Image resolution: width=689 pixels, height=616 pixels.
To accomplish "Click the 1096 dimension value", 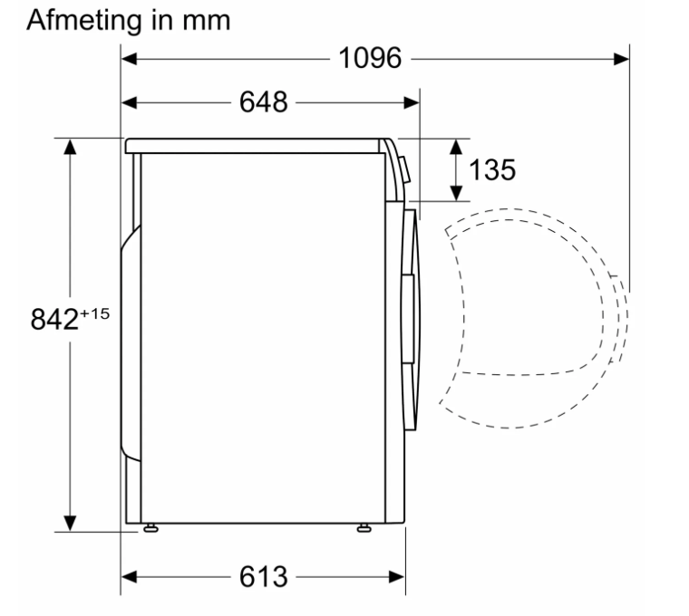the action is (370, 58).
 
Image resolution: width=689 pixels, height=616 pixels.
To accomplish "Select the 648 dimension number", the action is (263, 102).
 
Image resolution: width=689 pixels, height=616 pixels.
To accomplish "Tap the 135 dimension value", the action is (492, 170).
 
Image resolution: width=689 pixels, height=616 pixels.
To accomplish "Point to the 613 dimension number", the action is (263, 576).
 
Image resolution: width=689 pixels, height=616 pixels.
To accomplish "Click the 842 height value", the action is (54, 319).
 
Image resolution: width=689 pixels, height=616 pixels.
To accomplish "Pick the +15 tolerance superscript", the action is (94, 314).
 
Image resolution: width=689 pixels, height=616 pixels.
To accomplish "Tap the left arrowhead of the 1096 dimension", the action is (129, 59).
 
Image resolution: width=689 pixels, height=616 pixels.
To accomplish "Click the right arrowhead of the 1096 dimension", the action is (621, 59).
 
